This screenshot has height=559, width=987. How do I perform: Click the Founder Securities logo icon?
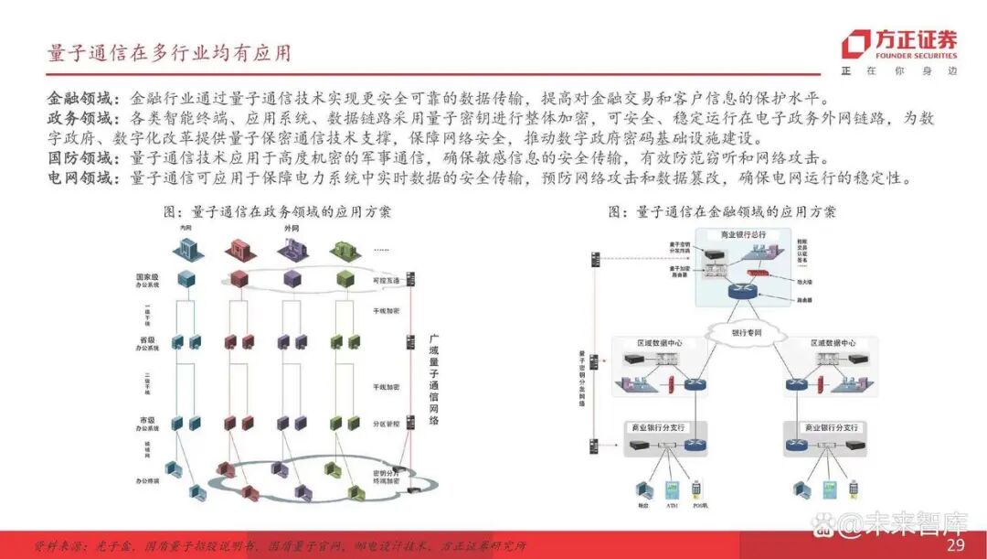coord(856,44)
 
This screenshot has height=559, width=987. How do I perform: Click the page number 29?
coord(956,545)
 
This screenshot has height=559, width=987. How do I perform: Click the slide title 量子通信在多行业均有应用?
coord(170,53)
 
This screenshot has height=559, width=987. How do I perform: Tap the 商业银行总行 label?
coord(743,235)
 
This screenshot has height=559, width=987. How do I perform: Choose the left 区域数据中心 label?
coord(658,343)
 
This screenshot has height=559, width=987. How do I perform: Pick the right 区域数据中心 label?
coord(833,343)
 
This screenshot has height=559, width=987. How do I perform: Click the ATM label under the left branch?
coord(672,505)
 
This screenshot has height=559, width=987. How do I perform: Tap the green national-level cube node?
coord(345,278)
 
